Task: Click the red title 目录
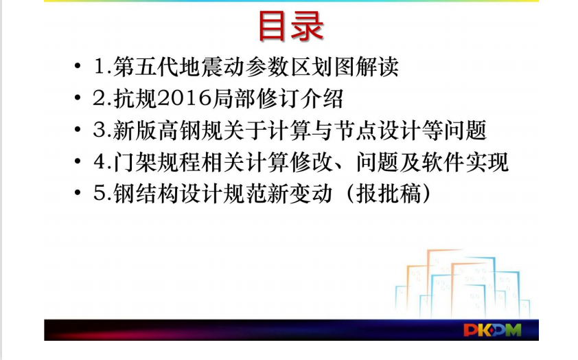(x=291, y=25)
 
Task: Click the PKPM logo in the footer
(x=492, y=330)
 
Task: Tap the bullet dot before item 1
(x=78, y=67)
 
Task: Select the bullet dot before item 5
(x=78, y=192)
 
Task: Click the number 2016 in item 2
(x=185, y=98)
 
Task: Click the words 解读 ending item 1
(x=377, y=67)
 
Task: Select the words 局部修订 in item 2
(x=256, y=98)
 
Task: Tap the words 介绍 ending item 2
(x=322, y=98)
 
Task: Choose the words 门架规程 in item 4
(x=157, y=161)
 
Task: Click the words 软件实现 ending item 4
(x=465, y=161)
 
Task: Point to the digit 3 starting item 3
(x=99, y=131)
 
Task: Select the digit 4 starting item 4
(x=99, y=161)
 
